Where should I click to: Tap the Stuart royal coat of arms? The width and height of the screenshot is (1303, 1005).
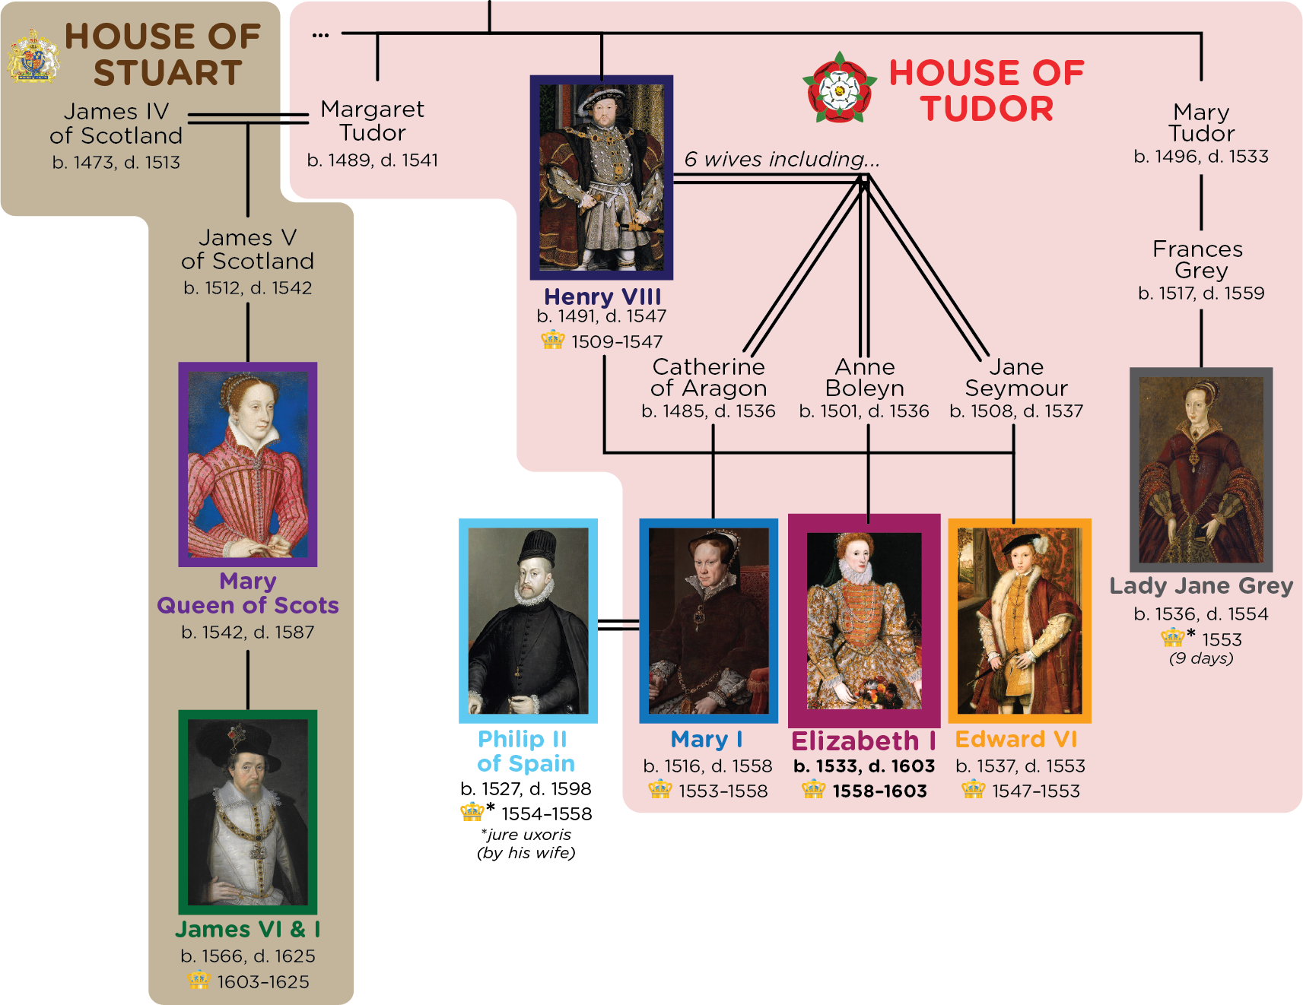[33, 55]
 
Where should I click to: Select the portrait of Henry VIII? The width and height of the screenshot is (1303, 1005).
[602, 177]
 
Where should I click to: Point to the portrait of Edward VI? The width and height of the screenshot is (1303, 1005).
[1019, 620]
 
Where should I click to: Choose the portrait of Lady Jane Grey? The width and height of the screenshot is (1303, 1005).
[1201, 469]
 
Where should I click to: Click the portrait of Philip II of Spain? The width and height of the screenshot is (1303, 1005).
[528, 620]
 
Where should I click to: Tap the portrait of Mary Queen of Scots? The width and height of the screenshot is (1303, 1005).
[247, 464]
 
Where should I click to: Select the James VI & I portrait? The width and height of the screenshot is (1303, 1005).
[247, 811]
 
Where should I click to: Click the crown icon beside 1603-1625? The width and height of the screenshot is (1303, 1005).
[199, 981]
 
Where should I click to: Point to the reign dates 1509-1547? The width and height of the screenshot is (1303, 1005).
[617, 341]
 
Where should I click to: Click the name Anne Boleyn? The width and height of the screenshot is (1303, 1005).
[865, 377]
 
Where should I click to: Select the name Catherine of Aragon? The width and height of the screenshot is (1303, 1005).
[709, 377]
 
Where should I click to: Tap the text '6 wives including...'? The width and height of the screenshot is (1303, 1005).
[781, 159]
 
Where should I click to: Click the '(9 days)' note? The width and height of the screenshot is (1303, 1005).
[1201, 658]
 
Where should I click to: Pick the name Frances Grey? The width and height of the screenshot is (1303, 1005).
[1199, 259]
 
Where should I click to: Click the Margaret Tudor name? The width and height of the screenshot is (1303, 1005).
[373, 120]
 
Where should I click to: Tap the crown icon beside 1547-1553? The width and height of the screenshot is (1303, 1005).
[973, 790]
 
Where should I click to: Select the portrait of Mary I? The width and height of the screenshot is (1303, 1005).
[708, 620]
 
